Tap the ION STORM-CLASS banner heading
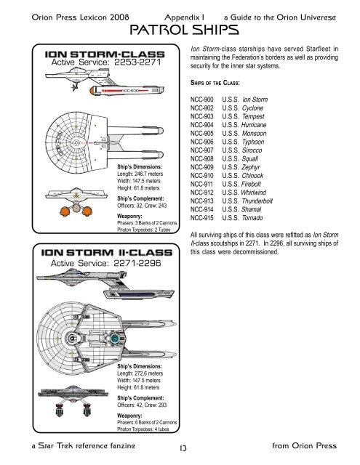[x=108, y=54]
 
